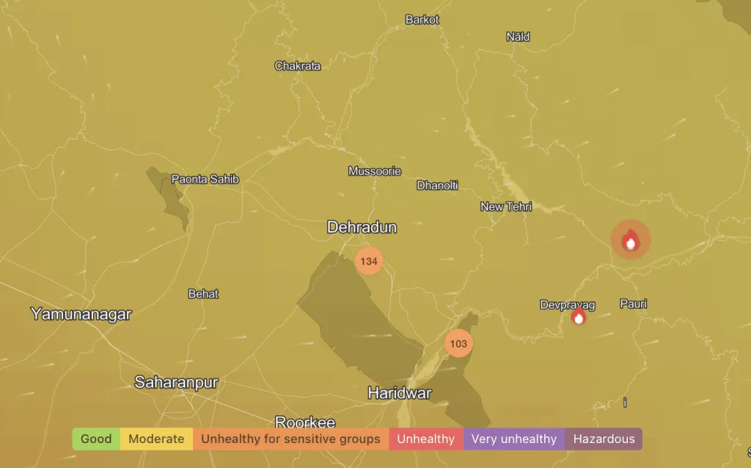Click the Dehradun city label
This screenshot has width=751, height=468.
click(362, 227)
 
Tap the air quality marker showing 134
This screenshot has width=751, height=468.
click(369, 261)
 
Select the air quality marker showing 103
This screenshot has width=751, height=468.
click(458, 343)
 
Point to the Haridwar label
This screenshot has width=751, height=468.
click(400, 393)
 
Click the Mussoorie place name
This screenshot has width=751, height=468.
click(375, 171)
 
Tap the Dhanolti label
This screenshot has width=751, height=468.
click(437, 186)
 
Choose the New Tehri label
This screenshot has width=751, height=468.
click(506, 207)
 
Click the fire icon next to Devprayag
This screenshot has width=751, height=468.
click(579, 317)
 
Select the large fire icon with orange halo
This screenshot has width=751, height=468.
click(631, 240)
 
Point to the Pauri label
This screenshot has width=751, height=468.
click(634, 304)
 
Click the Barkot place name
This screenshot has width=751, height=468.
click(422, 20)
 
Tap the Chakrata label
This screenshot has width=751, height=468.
click(298, 66)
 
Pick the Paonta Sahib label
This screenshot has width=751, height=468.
click(205, 179)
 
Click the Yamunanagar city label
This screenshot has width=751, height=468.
click(81, 314)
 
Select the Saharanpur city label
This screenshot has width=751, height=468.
click(176, 382)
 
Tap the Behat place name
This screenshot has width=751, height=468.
click(203, 293)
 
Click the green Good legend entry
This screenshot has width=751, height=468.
click(96, 439)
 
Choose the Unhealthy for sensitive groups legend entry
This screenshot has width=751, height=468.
click(290, 439)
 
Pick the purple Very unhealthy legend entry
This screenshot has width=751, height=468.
click(513, 439)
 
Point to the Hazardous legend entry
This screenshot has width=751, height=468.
click(604, 439)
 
